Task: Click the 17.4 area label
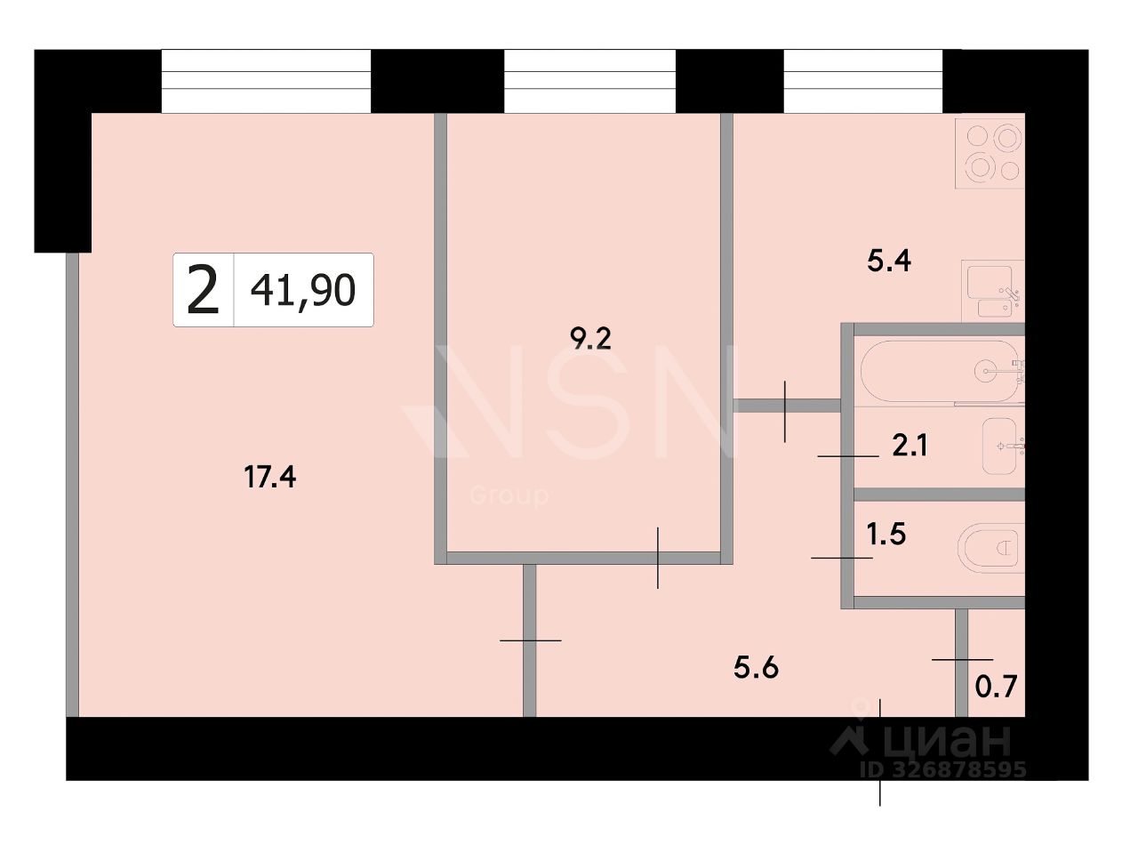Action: point(269,477)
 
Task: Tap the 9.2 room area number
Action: point(590,339)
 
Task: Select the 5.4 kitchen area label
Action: point(889,261)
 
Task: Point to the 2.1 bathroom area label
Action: point(910,446)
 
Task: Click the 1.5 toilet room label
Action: point(886,535)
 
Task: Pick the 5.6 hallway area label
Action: point(756,668)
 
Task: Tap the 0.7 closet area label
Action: point(996,687)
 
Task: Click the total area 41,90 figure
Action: point(303,290)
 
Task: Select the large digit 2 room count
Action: point(203,289)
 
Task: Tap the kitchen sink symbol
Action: point(993,291)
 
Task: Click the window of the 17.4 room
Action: point(266,81)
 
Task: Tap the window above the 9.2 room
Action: point(590,81)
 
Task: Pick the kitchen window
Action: point(862,81)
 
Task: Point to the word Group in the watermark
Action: point(509,495)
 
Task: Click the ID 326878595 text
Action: point(943,769)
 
